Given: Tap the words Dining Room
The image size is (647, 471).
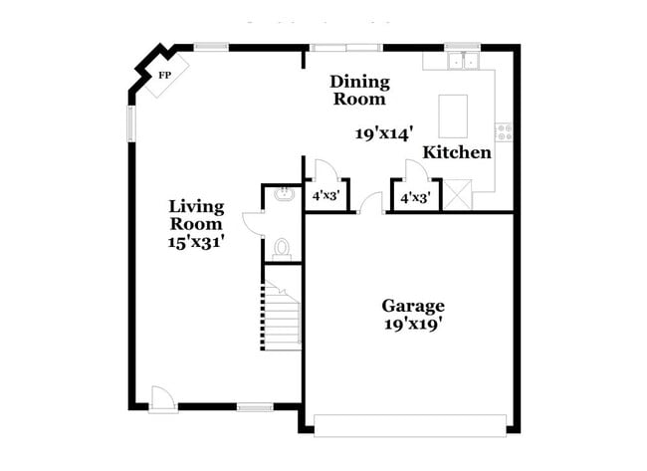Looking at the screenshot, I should tap(359, 90).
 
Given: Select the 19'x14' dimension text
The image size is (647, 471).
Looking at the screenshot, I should tap(382, 131).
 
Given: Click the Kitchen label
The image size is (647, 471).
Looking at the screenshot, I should tap(457, 152).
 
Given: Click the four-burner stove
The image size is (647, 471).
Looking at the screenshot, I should tap(504, 129).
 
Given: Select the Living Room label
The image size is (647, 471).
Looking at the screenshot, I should tap(196, 215).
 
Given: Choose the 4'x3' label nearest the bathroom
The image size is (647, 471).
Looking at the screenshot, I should tap(326, 197).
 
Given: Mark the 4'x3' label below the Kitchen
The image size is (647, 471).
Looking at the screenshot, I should tap(414, 198).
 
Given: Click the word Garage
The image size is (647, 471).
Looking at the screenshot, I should tap(413, 306).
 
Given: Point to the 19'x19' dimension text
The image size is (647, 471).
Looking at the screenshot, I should tap(413, 324).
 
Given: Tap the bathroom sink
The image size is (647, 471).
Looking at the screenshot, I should tap(283, 193).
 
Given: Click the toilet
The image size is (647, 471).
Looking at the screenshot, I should tap(282, 247).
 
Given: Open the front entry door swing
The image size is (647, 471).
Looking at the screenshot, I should tap(162, 398).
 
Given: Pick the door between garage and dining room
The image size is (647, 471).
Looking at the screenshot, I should tap(371, 203).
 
